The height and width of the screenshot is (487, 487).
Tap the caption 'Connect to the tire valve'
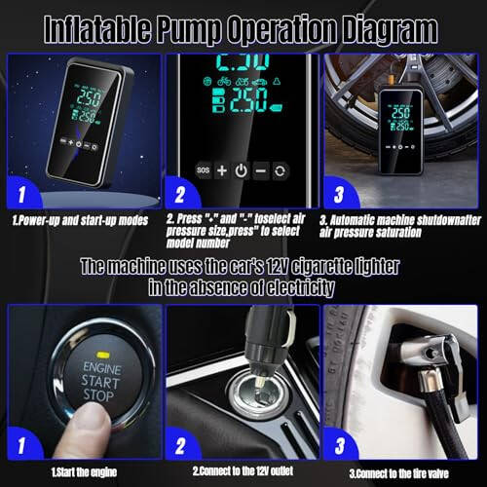click(x=403, y=471)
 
